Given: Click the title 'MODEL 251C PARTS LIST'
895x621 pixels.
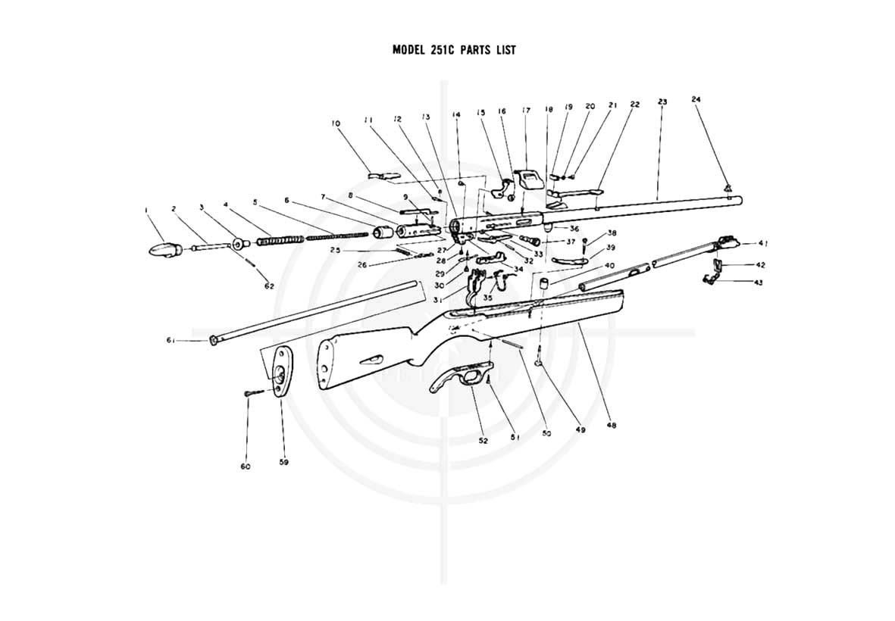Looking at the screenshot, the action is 454,50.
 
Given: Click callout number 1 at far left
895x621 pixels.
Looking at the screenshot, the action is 147,210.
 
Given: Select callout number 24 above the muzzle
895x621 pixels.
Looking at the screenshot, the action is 695,99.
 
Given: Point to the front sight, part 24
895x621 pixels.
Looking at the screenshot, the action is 728,187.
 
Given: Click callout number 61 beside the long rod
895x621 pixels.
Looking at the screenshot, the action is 171,341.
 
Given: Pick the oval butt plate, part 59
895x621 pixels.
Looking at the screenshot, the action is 280,370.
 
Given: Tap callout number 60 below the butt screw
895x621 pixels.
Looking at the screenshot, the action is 246,467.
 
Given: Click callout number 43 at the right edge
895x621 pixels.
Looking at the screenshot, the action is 759,282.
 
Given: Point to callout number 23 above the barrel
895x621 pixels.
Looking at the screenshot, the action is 662,101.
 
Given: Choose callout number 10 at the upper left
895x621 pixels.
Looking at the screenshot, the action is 336,123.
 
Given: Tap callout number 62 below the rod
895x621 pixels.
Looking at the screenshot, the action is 269,286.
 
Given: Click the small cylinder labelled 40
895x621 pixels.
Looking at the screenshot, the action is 544,283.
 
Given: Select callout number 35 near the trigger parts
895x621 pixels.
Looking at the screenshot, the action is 488,298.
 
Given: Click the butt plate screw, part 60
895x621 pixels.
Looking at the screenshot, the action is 253,392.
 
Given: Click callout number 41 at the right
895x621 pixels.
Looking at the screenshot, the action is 762,244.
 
